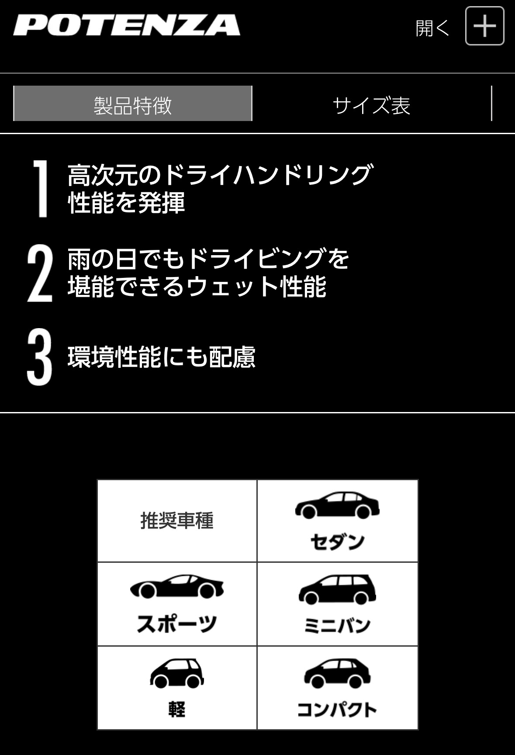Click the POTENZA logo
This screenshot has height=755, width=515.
click(127, 25)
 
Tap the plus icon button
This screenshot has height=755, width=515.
click(485, 26)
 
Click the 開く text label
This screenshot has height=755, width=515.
click(432, 28)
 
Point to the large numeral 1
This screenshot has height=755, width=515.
click(40, 188)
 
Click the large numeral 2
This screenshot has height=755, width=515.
click(40, 273)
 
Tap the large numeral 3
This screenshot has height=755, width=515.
click(39, 357)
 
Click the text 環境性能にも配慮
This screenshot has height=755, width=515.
click(162, 357)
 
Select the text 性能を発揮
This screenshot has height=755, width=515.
click(127, 203)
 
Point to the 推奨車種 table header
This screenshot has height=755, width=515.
click(177, 521)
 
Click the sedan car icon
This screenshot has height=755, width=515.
click(337, 506)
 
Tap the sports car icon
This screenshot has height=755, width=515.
click(177, 586)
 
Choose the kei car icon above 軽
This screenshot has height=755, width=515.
click(177, 673)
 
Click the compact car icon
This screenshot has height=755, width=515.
click(337, 673)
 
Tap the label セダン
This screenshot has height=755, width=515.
click(337, 542)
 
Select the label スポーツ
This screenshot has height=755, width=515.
click(177, 623)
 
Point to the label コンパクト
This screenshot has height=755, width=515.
click(337, 710)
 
